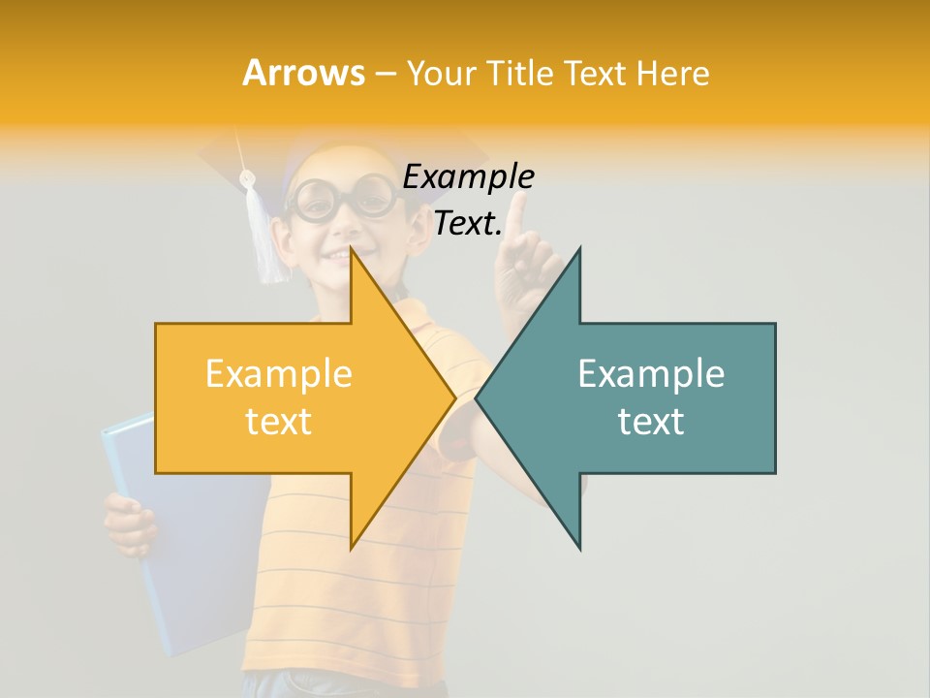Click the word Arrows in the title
click(x=304, y=73)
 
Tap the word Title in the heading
click(x=522, y=73)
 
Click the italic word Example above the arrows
click(x=468, y=177)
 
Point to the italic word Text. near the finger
click(x=468, y=224)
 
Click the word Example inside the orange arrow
click(x=278, y=374)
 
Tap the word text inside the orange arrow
click(x=278, y=422)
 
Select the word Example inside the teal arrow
click(x=651, y=374)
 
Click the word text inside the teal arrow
click(x=651, y=422)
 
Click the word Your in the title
click(x=445, y=73)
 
